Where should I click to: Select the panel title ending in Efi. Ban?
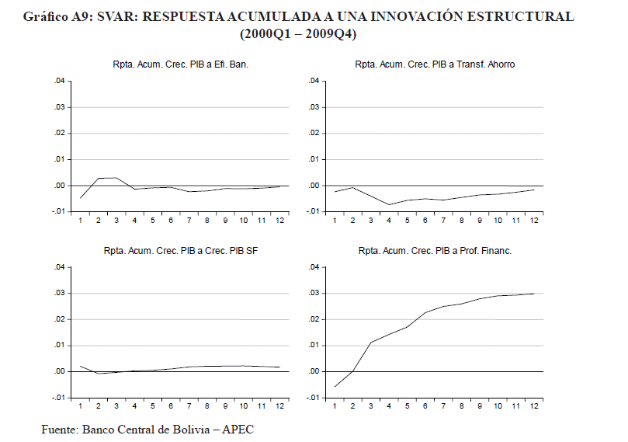(180, 64)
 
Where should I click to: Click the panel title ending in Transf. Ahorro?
(435, 64)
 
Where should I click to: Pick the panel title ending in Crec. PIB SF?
(180, 252)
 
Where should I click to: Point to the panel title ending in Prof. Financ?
(435, 252)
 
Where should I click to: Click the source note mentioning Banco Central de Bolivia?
(147, 429)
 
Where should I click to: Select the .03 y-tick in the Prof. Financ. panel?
(314, 294)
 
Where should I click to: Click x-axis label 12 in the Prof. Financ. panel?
(534, 406)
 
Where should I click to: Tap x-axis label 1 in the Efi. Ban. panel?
(80, 221)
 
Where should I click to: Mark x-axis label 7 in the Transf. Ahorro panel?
(443, 221)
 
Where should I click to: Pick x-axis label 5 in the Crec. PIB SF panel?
(153, 406)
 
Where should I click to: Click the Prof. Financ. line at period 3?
(371, 343)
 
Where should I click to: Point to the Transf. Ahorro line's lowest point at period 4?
(389, 204)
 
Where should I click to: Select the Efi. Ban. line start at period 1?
(80, 198)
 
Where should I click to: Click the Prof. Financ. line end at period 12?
(534, 294)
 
